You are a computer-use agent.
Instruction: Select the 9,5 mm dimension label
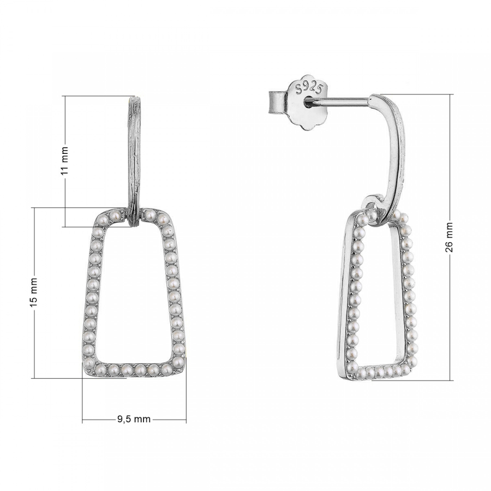click(x=134, y=419)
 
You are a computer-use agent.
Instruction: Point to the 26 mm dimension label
click(x=449, y=237)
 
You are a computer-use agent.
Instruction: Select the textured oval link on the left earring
click(x=135, y=161)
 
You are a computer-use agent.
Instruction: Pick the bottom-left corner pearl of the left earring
click(x=89, y=363)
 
